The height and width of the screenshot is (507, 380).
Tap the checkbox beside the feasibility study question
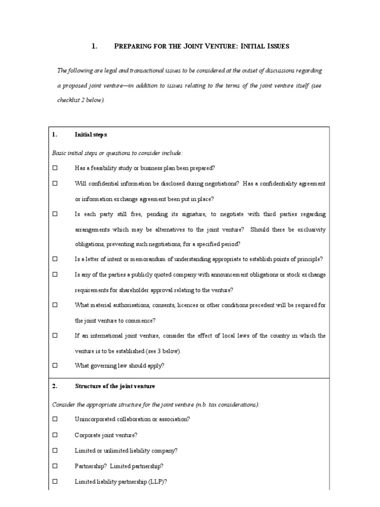click(x=55, y=168)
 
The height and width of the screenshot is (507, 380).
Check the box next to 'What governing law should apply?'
click(x=55, y=365)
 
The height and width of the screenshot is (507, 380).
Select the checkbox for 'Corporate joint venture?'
click(x=55, y=435)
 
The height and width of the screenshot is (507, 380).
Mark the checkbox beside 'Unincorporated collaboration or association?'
click(x=55, y=419)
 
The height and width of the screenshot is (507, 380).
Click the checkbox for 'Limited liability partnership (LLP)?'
click(x=55, y=481)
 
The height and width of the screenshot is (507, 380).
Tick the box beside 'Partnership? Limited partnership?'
click(x=55, y=466)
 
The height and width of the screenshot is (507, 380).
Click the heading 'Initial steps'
click(x=91, y=135)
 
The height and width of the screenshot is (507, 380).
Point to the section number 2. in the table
click(x=55, y=386)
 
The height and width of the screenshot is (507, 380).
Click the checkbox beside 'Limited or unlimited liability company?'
click(x=55, y=451)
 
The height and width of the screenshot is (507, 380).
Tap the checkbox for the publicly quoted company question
click(x=55, y=274)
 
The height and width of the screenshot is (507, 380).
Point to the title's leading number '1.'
click(x=95, y=46)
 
